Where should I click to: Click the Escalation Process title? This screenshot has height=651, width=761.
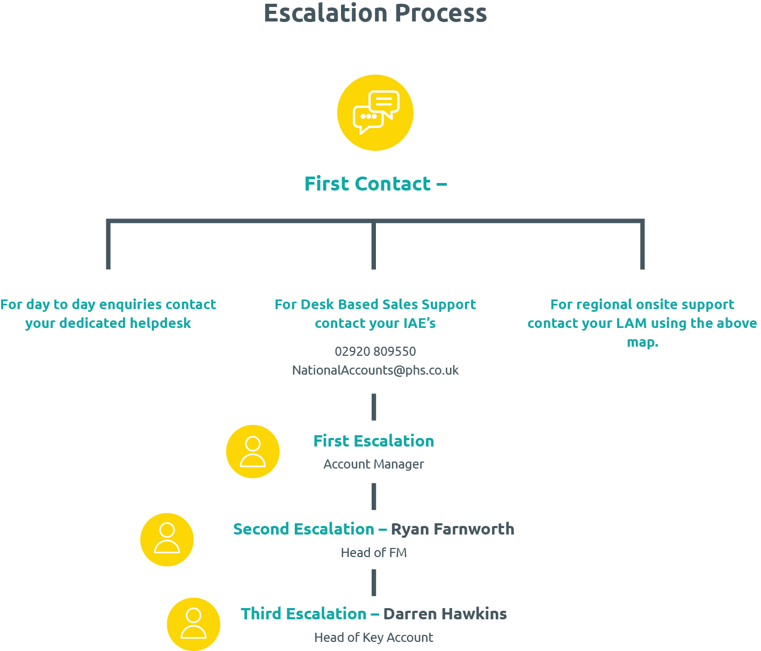click(x=375, y=13)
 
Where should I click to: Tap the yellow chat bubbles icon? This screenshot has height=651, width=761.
click(x=375, y=113)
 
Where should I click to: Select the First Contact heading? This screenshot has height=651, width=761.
click(x=375, y=184)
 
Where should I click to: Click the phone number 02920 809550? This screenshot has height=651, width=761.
click(x=375, y=352)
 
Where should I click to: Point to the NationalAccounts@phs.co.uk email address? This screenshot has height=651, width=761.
click(x=375, y=370)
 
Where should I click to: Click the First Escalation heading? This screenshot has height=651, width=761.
click(x=374, y=441)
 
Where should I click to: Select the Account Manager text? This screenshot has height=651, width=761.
click(x=374, y=464)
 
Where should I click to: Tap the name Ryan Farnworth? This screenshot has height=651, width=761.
click(x=453, y=529)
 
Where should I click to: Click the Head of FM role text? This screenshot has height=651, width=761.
click(x=374, y=553)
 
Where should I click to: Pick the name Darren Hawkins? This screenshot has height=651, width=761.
click(x=445, y=614)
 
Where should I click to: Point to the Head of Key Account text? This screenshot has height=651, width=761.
click(x=374, y=638)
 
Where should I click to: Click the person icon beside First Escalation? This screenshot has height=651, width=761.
click(x=252, y=451)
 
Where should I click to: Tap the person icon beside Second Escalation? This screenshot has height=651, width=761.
click(x=167, y=539)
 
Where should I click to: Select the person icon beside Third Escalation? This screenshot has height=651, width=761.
click(x=193, y=624)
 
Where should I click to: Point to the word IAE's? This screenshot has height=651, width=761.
click(x=419, y=323)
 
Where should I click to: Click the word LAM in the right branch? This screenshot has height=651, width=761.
click(x=632, y=323)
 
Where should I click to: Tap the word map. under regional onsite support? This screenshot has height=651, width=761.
click(x=642, y=342)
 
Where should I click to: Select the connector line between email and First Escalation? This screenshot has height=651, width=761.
click(x=374, y=407)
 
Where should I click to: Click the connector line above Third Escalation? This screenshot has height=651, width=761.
click(x=374, y=583)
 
